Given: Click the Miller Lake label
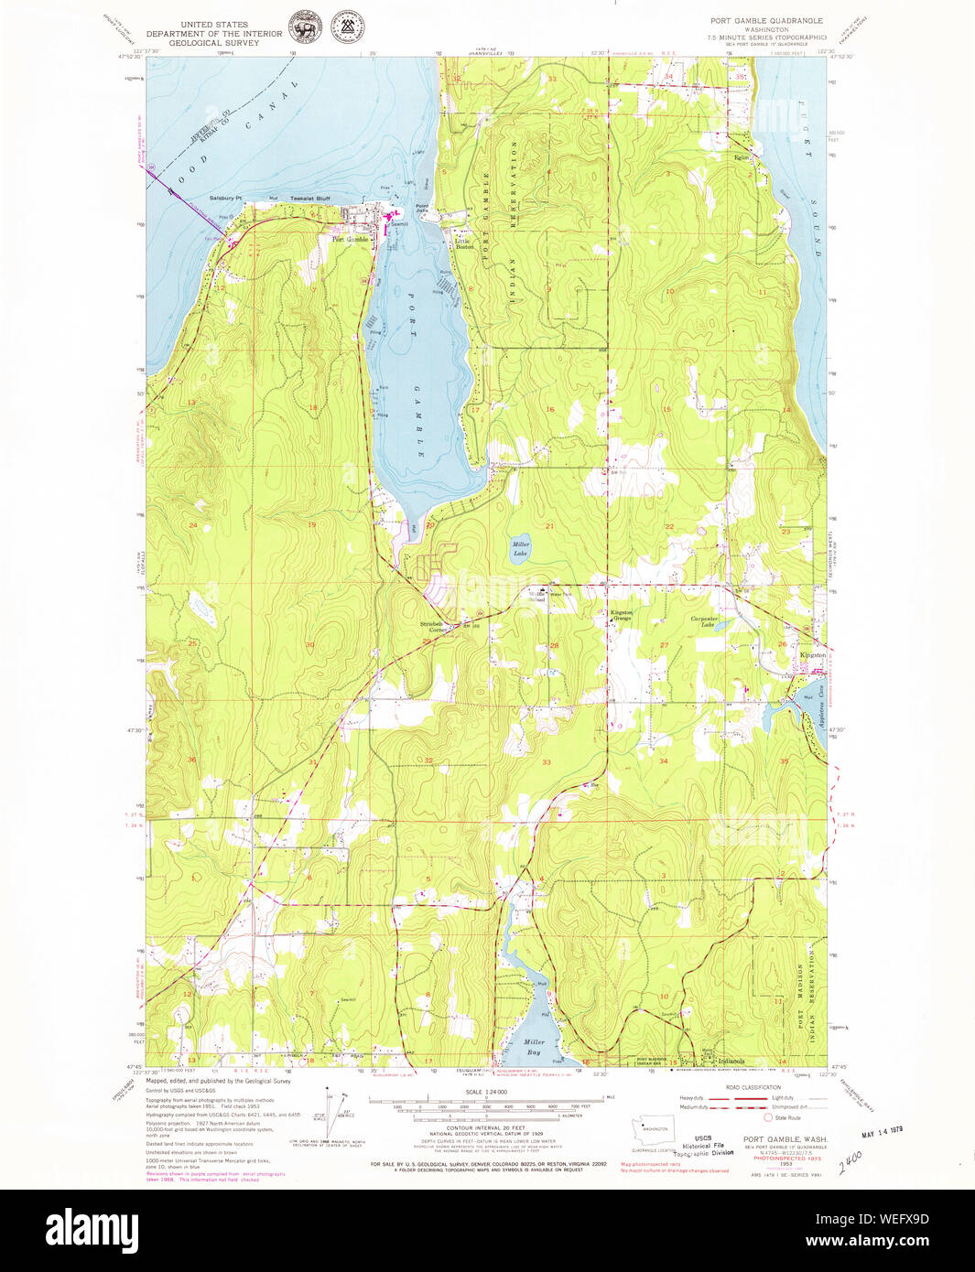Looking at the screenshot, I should pyautogui.click(x=520, y=549).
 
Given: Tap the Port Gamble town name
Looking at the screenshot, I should pyautogui.click(x=350, y=240).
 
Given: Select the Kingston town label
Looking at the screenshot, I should pyautogui.click(x=813, y=655).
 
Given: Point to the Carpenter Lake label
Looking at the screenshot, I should pyautogui.click(x=710, y=621).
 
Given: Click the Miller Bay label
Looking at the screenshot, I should pyautogui.click(x=534, y=1046).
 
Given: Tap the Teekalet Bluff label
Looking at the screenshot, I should pyautogui.click(x=309, y=199).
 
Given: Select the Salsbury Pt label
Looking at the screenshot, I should pyautogui.click(x=224, y=199).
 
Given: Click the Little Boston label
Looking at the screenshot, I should pyautogui.click(x=465, y=244).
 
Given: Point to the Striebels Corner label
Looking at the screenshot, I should pyautogui.click(x=432, y=627).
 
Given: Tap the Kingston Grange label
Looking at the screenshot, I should pyautogui.click(x=622, y=615).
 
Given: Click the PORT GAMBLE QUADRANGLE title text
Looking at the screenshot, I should pyautogui.click(x=766, y=20).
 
